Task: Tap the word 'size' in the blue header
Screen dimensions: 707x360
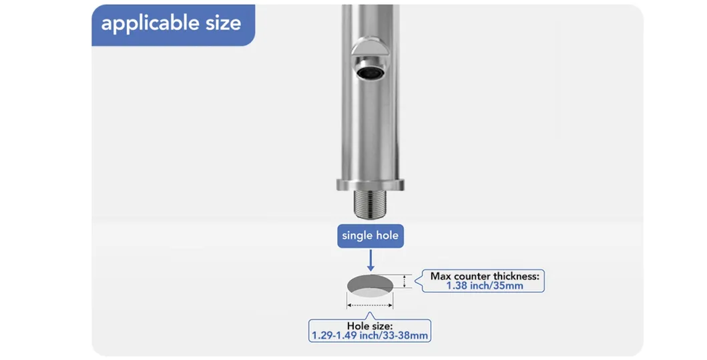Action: click(x=224, y=23)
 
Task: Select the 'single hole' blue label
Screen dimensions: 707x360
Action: click(x=370, y=236)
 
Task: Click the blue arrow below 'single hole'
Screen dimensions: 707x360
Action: click(x=371, y=260)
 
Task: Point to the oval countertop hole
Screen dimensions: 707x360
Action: click(x=370, y=287)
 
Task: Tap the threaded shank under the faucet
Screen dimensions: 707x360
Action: click(x=370, y=204)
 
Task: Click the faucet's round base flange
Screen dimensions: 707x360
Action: click(x=370, y=184)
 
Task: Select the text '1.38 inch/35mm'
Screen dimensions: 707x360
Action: click(x=485, y=286)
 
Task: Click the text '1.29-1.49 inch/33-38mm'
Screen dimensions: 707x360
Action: click(x=370, y=336)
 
